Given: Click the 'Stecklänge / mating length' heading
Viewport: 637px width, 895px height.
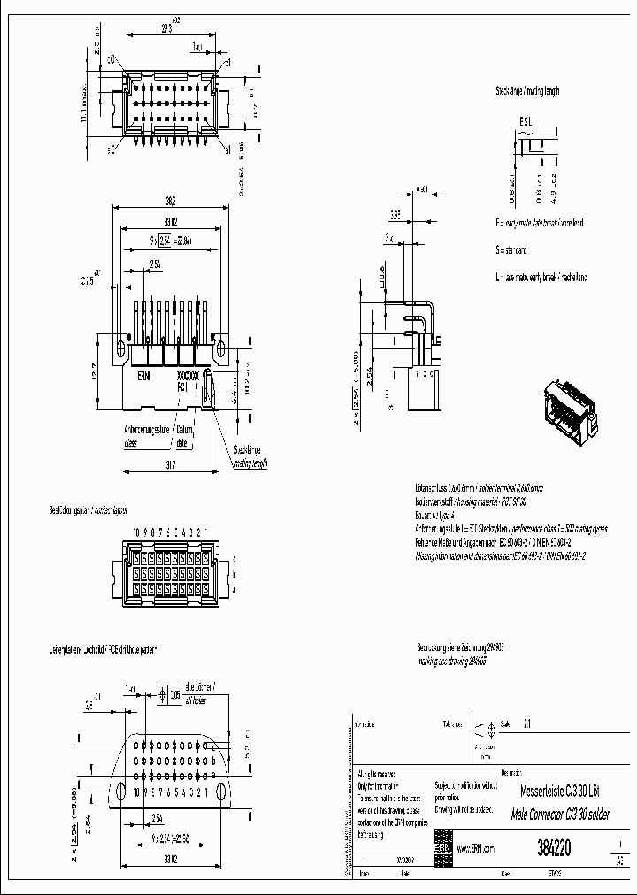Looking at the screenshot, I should tap(527, 90).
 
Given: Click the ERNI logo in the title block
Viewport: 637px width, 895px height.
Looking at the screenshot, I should tap(441, 847).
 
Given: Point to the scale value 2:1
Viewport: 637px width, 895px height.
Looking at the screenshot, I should tap(529, 723).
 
